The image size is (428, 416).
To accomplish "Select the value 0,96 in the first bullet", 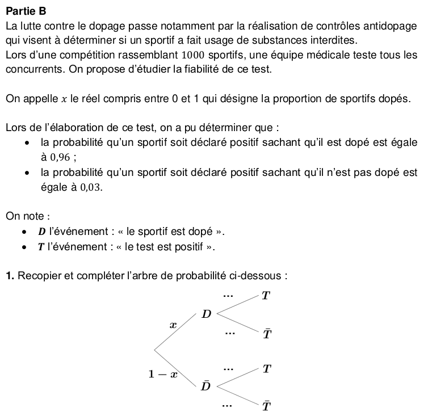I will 61,157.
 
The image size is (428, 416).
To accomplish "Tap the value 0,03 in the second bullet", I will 92,187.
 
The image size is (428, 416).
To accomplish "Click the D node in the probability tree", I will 207,314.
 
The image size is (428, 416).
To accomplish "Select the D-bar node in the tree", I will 205,386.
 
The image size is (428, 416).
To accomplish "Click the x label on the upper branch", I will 174,325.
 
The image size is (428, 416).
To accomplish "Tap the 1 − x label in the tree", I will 163,374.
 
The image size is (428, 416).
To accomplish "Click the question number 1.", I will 10,276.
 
